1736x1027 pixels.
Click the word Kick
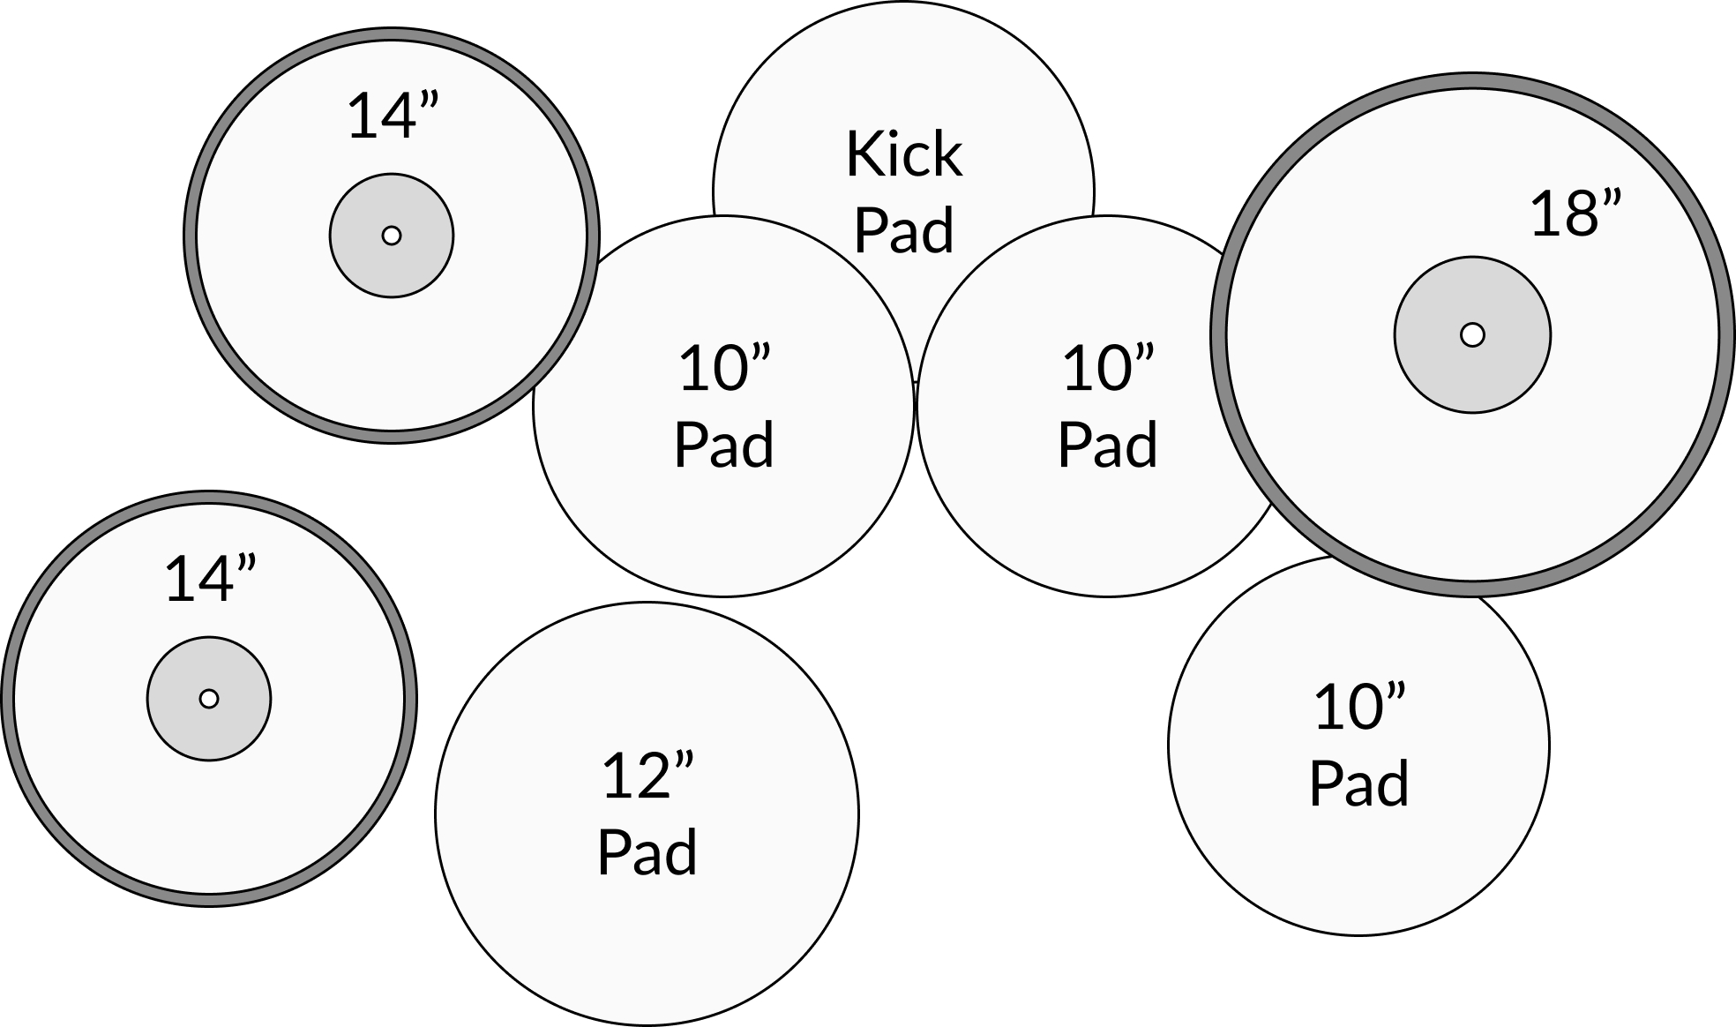904,154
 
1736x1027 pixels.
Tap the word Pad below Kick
904,231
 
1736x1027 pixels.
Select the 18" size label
1575,214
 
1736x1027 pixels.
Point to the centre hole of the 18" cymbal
1472,335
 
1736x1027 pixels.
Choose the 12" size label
647,776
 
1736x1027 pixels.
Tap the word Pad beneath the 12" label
647,852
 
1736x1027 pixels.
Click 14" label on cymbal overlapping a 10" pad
393,116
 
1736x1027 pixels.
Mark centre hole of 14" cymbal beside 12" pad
209,699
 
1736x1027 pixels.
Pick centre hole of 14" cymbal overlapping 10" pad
392,236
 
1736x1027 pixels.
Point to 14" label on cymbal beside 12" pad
210,580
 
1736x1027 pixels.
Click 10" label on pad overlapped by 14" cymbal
724,369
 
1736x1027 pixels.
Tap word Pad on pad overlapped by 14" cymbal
724,445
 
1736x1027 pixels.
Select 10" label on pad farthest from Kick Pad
1359,708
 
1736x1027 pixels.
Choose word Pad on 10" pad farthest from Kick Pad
1359,783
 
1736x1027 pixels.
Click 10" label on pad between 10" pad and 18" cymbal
1108,369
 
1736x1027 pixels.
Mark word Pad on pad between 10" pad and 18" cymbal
1108,445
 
